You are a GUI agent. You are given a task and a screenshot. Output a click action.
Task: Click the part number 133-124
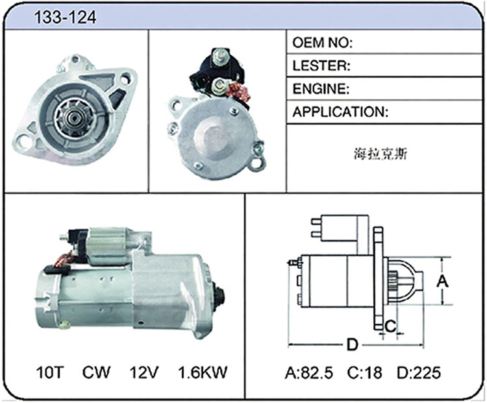coord(65,18)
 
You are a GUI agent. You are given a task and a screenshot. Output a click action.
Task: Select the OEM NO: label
coord(322,43)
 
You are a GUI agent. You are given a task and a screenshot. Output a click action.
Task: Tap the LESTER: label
coord(321,66)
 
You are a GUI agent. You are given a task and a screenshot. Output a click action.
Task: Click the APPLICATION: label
coord(340,112)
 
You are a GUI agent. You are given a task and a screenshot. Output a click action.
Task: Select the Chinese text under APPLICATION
coord(381,154)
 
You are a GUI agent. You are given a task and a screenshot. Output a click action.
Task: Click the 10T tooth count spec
coord(50,372)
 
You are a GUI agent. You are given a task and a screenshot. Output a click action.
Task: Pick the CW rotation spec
coord(96,372)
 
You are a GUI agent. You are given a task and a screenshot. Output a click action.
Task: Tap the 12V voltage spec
coord(144,372)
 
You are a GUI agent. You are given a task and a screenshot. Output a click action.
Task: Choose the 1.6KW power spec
coord(203,372)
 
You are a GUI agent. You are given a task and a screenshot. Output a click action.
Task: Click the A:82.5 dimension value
coord(308,372)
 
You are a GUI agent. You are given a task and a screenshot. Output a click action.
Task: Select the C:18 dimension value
coord(365,372)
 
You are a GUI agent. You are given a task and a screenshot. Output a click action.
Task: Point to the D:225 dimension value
coord(419,372)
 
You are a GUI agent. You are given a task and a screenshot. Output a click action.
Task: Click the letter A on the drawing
coord(442,281)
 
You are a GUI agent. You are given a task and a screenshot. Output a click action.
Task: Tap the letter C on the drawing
coord(390,326)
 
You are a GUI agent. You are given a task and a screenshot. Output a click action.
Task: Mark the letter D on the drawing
coord(352,345)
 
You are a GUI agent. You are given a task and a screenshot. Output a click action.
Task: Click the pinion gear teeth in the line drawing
coord(393,280)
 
